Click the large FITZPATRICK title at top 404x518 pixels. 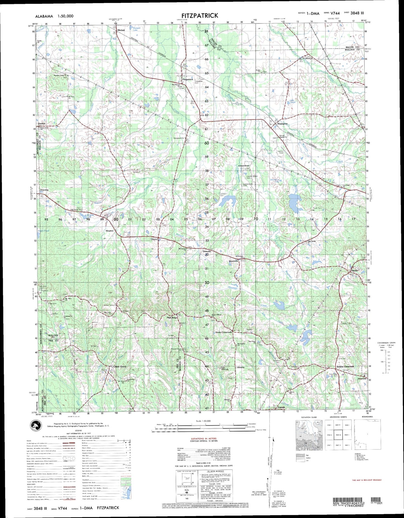click(x=200, y=16)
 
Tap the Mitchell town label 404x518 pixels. click(x=121, y=30)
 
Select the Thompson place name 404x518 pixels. click(x=282, y=124)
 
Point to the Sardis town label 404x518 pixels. click(x=355, y=271)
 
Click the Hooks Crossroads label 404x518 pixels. click(x=223, y=332)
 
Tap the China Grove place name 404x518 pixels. click(x=120, y=366)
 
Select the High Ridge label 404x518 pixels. click(x=172, y=318)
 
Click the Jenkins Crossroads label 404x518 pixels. click(x=345, y=366)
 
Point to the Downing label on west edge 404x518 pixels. click(x=44, y=190)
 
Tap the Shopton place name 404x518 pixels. click(x=109, y=231)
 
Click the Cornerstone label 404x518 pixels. click(x=244, y=166)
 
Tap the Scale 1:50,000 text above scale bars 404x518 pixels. click(x=204, y=421)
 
